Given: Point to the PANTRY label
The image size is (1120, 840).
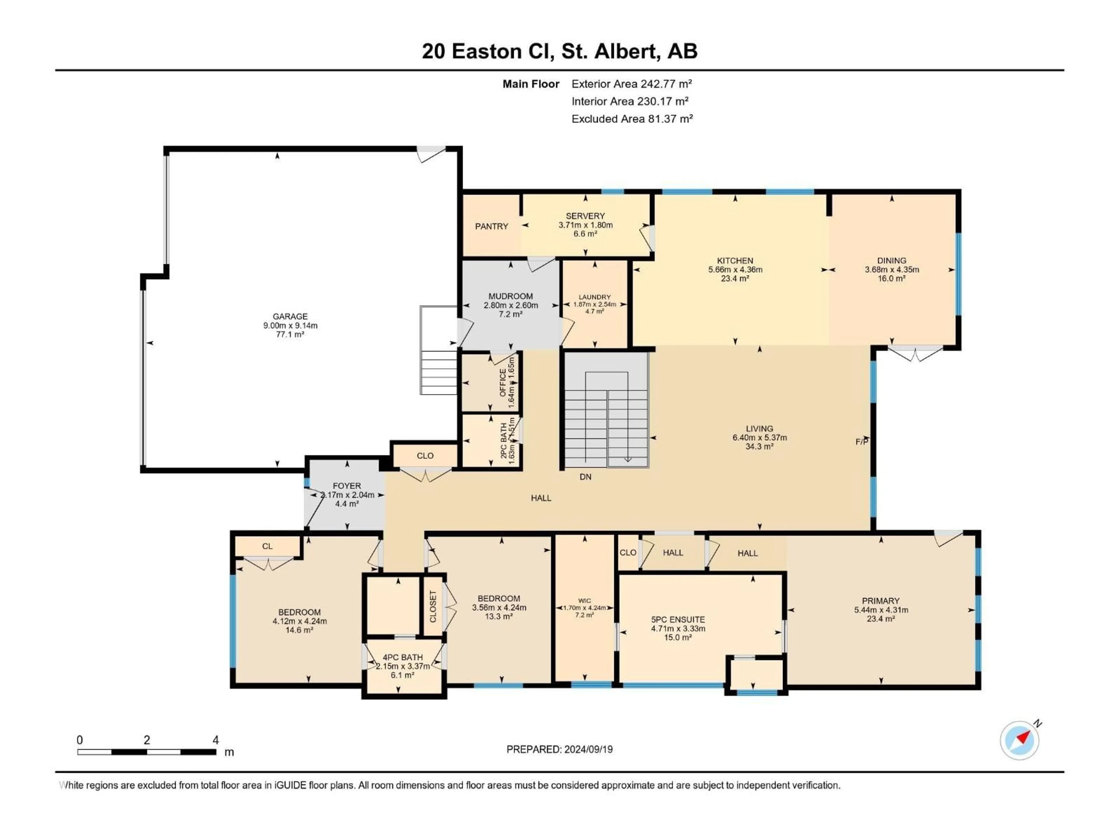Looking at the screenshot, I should pos(491,226).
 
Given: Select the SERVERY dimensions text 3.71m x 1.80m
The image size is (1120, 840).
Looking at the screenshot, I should pos(585,225).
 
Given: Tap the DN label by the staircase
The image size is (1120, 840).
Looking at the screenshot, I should pos(585,477).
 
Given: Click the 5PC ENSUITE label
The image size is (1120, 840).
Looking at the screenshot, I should pos(678,619).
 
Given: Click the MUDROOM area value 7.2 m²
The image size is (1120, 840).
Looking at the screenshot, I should pos(510,314).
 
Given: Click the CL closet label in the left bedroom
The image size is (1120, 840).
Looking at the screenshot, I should pos(267,546).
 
